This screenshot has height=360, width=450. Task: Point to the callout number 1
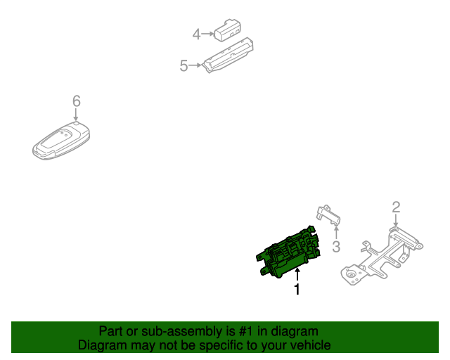tap(297, 289)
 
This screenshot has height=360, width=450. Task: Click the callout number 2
tap(396, 207)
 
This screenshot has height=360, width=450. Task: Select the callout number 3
tap(336, 246)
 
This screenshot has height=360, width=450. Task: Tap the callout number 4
tap(197, 33)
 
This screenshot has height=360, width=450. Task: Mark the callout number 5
tap(184, 66)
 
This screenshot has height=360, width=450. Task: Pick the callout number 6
tap(76, 101)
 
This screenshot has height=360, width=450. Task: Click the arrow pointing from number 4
tap(208, 33)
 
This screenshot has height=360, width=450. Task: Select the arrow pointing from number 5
tap(196, 66)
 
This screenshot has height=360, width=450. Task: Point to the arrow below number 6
tap(76, 116)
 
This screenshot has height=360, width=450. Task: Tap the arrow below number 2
tap(396, 221)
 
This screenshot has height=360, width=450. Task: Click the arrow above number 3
tap(336, 231)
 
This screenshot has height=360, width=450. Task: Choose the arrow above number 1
tap(297, 274)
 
